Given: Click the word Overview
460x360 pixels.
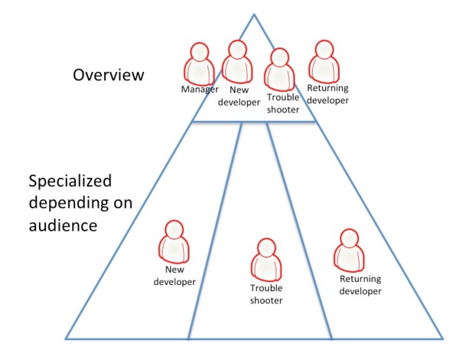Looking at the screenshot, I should (x=109, y=75).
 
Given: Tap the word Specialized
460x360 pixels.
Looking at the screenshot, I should (x=71, y=182).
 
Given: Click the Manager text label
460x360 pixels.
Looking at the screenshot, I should (x=200, y=90).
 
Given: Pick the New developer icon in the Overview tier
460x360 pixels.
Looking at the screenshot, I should (x=236, y=61).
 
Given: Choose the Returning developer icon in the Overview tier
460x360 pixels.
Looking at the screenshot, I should (x=322, y=61).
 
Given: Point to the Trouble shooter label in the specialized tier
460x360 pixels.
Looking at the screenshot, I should (x=266, y=294).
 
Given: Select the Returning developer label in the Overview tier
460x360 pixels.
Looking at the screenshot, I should (x=327, y=93).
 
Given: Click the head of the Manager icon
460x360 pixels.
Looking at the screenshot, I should (x=199, y=52).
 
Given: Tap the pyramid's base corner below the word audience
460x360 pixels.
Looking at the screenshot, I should (x=66, y=338).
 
